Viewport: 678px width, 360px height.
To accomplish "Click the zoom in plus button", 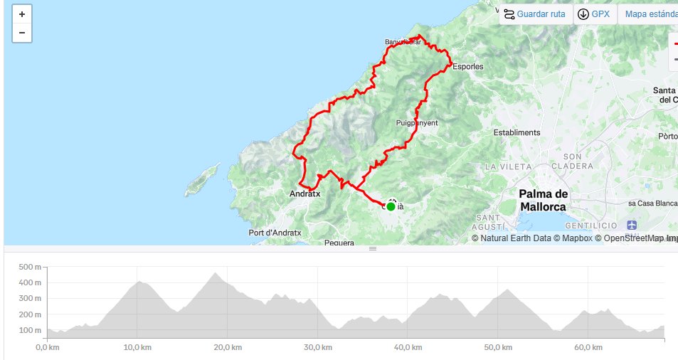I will click(22, 14).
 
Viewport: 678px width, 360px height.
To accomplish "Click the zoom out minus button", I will click(22, 33).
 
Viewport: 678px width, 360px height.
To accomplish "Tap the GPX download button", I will click(595, 14).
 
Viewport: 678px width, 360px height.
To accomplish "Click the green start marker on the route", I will click(391, 206).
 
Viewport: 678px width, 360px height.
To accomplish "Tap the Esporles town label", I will click(467, 67).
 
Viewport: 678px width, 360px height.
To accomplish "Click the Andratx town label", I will click(305, 194).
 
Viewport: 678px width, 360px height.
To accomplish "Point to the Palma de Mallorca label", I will click(543, 200).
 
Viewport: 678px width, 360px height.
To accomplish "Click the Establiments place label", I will click(517, 132).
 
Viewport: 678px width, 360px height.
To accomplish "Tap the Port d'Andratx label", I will click(275, 233).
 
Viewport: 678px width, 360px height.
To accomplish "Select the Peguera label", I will click(339, 243).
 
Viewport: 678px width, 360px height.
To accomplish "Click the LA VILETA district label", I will click(509, 166).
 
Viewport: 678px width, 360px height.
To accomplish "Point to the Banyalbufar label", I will click(403, 42).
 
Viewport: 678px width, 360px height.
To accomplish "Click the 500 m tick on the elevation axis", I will click(32, 268).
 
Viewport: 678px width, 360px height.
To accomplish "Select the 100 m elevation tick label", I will click(32, 330).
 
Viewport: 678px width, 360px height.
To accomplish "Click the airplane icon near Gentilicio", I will click(634, 222).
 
